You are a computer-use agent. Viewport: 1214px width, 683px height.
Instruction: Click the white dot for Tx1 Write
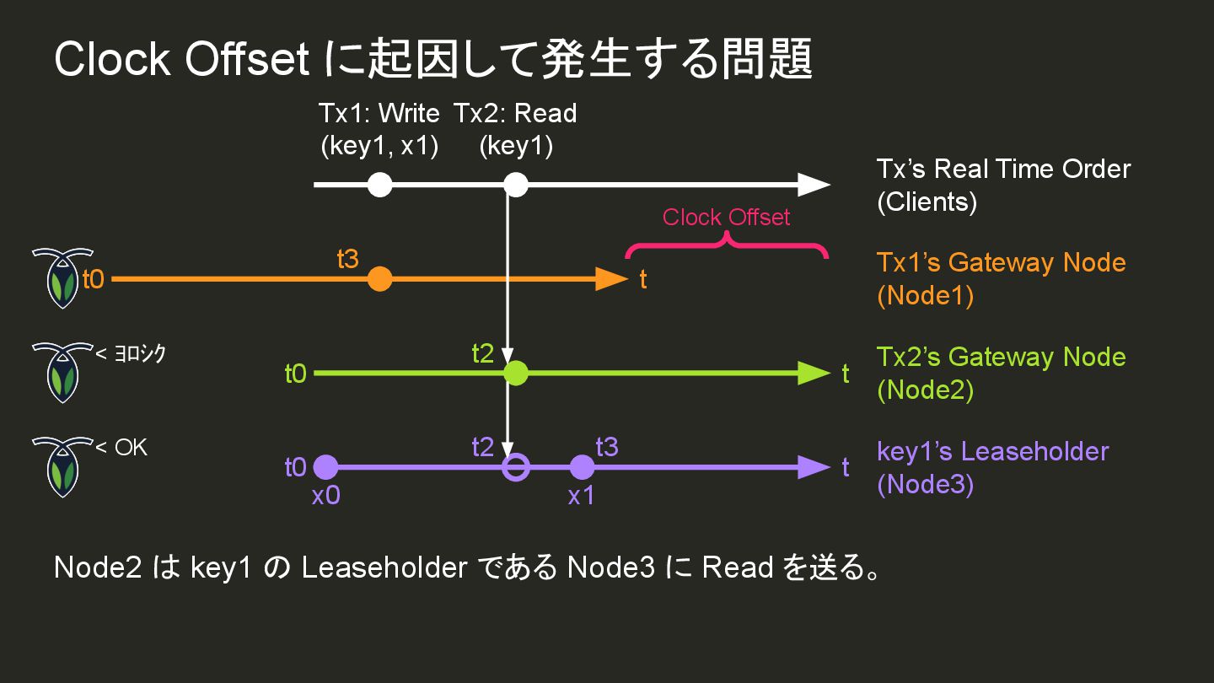click(x=380, y=185)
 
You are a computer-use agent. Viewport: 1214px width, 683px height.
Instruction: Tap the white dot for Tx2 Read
click(x=515, y=185)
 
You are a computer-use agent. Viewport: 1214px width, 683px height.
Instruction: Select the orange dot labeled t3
click(x=380, y=279)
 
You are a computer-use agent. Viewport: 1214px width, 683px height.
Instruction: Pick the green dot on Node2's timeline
click(x=515, y=373)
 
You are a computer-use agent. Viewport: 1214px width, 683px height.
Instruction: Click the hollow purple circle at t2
click(x=515, y=467)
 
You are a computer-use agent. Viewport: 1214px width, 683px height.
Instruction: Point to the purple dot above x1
click(x=582, y=467)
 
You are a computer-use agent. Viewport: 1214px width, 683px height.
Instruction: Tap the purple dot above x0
click(x=325, y=467)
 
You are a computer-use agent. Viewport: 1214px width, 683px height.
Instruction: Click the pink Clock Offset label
click(x=726, y=218)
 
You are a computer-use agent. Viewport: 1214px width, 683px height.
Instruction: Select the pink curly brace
click(x=726, y=245)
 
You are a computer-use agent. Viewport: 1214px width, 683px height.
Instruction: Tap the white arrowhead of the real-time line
click(x=814, y=185)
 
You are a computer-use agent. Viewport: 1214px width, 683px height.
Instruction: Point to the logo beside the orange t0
click(x=62, y=278)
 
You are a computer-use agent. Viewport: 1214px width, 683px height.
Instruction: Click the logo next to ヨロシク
click(x=62, y=372)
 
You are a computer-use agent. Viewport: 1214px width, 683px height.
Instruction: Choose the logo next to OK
click(x=62, y=466)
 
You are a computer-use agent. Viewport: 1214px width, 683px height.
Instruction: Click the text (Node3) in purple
click(x=925, y=486)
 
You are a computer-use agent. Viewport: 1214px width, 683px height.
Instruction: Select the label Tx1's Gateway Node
click(x=1001, y=262)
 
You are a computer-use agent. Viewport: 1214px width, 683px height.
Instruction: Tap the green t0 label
click(x=295, y=374)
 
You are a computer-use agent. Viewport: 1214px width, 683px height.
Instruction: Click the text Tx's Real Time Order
click(x=1003, y=169)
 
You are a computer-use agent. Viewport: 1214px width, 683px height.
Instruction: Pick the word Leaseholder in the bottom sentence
click(x=384, y=567)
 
